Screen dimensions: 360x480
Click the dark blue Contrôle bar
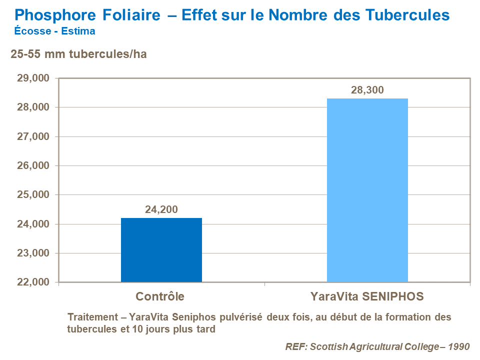(x=161, y=250)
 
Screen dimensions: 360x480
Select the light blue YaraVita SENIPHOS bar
(x=367, y=190)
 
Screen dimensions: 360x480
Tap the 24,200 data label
(x=161, y=209)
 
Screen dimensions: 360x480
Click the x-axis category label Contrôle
(x=160, y=296)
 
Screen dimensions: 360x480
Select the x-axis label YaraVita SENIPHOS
(x=367, y=296)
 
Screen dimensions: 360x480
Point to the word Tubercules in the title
(x=407, y=15)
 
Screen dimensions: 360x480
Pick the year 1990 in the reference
(x=459, y=346)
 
